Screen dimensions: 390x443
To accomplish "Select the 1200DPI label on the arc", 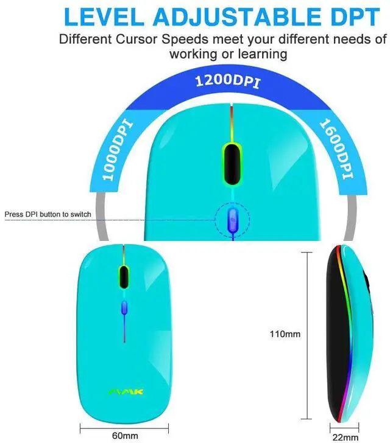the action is click(226, 82).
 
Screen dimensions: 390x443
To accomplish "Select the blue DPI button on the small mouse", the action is click(124, 307).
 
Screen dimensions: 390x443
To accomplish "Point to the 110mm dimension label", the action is click(285, 333).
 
